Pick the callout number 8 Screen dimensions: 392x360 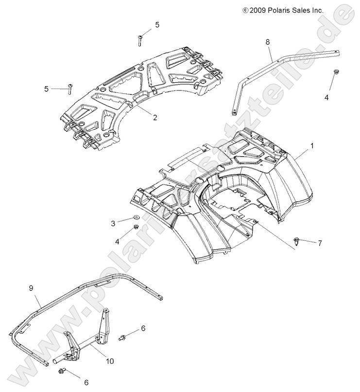(x=267, y=42)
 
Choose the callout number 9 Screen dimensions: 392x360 (x=31, y=288)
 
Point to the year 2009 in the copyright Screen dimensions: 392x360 (x=257, y=10)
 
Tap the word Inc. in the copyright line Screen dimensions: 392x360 (x=316, y=10)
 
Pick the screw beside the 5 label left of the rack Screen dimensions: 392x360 (x=70, y=88)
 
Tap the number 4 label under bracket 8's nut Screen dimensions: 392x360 (x=326, y=98)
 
